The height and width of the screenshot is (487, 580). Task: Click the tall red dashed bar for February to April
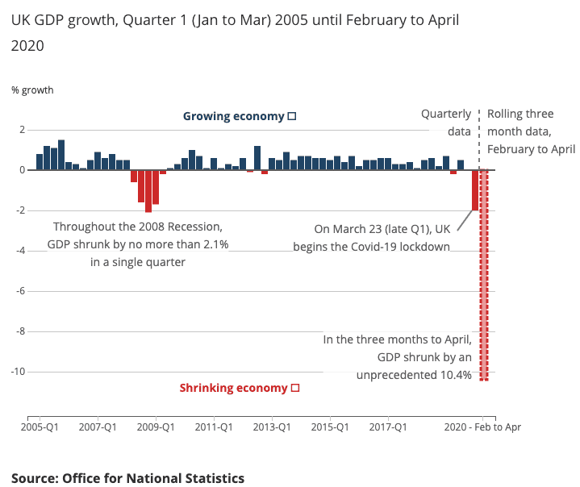[484, 274]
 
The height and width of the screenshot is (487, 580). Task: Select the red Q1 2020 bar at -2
[475, 190]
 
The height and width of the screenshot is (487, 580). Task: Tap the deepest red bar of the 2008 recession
[148, 191]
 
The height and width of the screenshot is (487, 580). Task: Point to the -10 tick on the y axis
[19, 372]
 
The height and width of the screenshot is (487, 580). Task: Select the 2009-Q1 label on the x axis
[156, 427]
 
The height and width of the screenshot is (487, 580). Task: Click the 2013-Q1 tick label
[273, 427]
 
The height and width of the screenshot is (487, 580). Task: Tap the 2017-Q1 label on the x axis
[389, 427]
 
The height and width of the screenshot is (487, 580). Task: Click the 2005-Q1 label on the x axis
[40, 427]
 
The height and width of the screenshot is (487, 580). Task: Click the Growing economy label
[234, 116]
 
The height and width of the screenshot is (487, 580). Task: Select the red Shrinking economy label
[233, 388]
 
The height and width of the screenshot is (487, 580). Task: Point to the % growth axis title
[32, 89]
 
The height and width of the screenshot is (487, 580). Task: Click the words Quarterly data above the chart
[447, 123]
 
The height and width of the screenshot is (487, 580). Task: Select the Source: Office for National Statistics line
[127, 478]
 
